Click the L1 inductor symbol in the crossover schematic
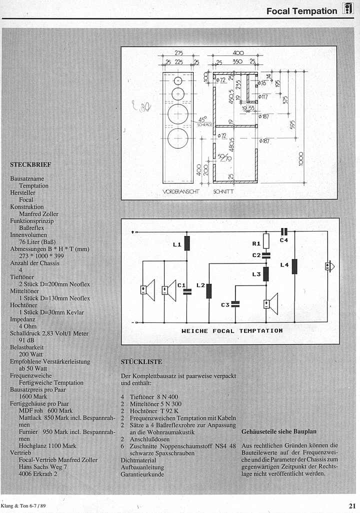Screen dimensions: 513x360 click(x=187, y=243)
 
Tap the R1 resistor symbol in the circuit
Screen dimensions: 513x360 click(x=266, y=242)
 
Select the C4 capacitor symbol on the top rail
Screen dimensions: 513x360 click(x=284, y=231)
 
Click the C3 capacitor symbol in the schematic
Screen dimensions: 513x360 click(x=236, y=303)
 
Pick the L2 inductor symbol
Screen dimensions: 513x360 click(x=209, y=291)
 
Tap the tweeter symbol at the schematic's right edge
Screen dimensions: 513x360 click(x=328, y=266)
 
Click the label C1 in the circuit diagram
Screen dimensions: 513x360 click(x=181, y=285)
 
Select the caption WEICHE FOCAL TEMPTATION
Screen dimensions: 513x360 click(x=232, y=330)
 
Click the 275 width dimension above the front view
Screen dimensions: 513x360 click(x=178, y=52)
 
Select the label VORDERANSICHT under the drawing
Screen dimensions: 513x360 click(x=181, y=191)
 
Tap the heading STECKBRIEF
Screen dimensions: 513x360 click(x=30, y=164)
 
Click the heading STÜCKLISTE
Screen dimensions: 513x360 click(x=141, y=361)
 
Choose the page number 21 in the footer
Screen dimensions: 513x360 click(x=352, y=504)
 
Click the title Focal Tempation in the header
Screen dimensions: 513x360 click(x=301, y=10)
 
